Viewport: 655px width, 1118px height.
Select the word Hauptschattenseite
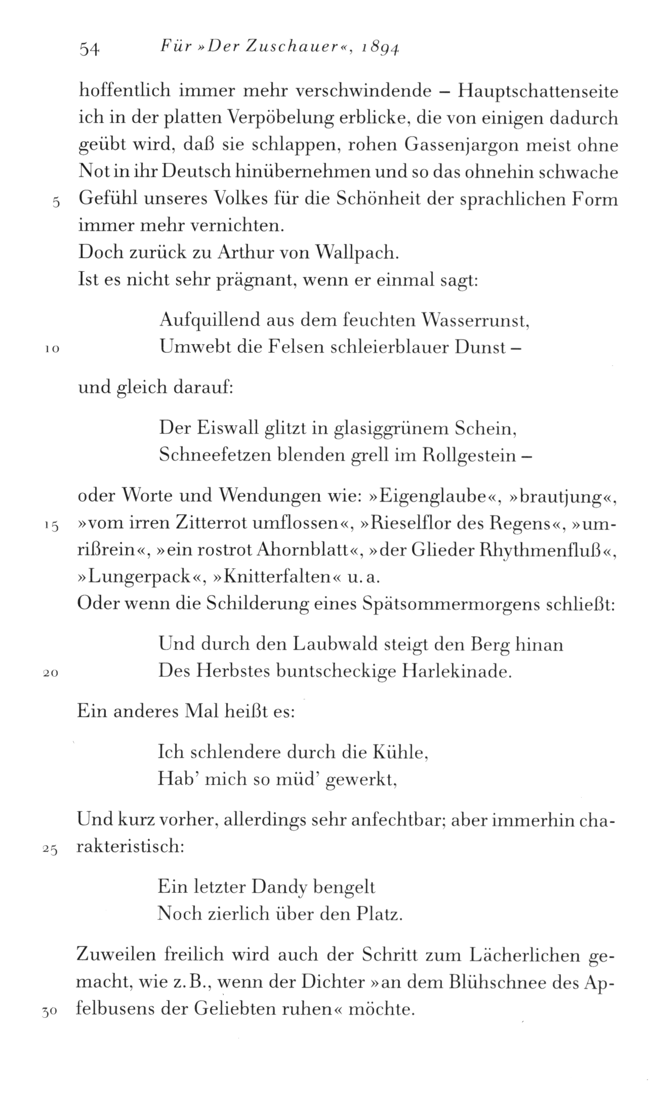tap(538, 92)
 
